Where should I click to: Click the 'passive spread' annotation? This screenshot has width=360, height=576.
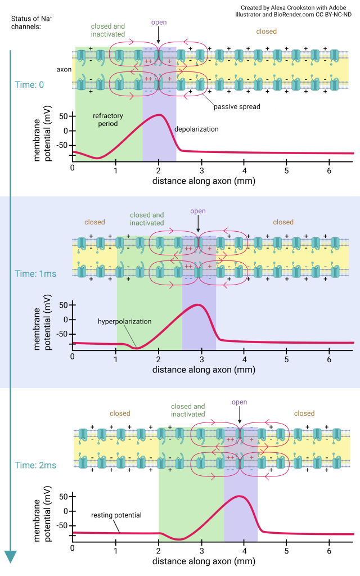(x=237, y=106)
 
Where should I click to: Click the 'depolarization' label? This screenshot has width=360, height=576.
(x=196, y=129)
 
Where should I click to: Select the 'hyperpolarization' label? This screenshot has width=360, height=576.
(x=124, y=321)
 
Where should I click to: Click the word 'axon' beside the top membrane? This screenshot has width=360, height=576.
(x=63, y=70)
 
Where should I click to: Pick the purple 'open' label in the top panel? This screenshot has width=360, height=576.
(x=158, y=23)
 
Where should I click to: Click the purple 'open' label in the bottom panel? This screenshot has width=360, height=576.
(x=240, y=402)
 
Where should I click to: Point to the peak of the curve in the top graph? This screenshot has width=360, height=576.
(x=160, y=115)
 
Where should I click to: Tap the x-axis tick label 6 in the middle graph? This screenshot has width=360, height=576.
(x=330, y=357)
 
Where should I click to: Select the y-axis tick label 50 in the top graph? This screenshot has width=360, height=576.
(x=63, y=116)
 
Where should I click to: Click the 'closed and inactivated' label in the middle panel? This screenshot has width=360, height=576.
(x=147, y=219)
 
